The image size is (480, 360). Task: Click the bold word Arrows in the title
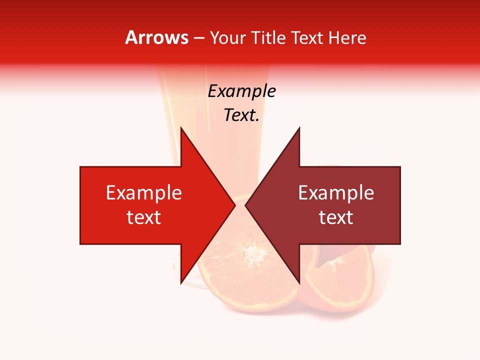157,37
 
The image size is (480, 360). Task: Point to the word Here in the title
347,37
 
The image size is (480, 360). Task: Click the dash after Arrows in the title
198,38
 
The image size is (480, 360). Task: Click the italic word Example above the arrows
242,91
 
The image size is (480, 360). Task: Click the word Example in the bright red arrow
144,193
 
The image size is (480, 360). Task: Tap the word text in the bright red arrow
144,217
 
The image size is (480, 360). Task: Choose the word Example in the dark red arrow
336,193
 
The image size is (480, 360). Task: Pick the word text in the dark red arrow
336,217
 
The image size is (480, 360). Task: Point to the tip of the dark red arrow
246,205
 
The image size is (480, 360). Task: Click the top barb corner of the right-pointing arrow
181,128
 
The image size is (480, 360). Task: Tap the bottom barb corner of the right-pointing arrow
181,282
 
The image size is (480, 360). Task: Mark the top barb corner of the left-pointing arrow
299,128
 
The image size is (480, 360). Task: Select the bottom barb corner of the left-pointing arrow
299,282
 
